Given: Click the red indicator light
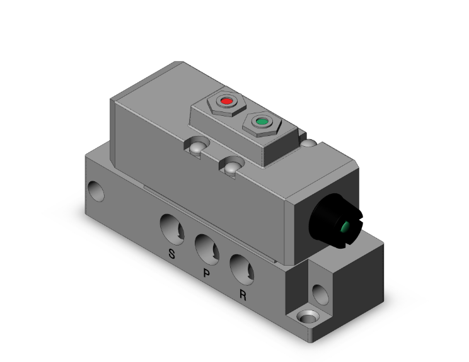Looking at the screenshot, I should point(226,100).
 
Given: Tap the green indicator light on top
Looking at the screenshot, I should point(260,121).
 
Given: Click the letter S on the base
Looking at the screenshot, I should point(170,254).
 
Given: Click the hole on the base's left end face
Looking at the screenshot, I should point(96,190).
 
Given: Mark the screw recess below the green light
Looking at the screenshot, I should point(231,166).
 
